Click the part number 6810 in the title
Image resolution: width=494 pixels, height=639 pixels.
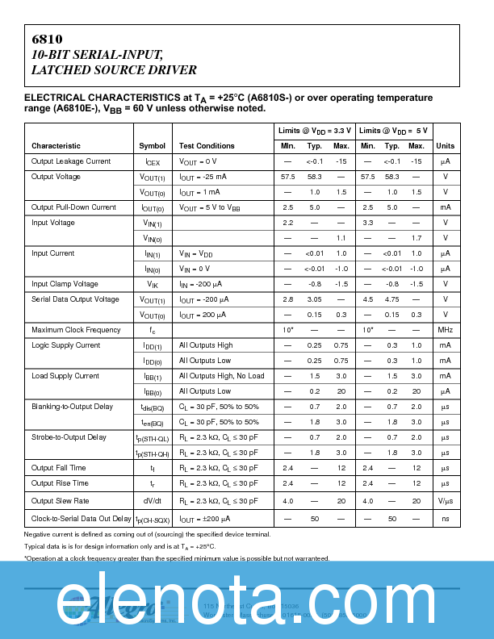coord(47,39)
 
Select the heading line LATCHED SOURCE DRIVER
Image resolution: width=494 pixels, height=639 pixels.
coord(113,71)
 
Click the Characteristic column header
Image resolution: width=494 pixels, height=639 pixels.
coord(56,146)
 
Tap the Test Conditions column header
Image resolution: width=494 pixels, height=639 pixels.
coord(207,146)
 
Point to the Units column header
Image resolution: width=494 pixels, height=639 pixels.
coord(445,146)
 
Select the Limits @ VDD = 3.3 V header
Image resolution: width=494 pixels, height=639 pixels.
coord(315,131)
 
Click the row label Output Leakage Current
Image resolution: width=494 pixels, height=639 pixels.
coord(71,161)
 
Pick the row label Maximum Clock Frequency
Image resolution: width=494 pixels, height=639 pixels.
coord(76,330)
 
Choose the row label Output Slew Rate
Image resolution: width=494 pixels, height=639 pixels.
coord(60,501)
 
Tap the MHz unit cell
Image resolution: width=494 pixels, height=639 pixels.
coord(445,330)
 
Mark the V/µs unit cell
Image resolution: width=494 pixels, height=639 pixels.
coord(445,501)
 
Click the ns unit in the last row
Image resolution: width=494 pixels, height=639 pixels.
coord(445,519)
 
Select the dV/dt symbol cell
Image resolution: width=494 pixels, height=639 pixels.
coord(151,501)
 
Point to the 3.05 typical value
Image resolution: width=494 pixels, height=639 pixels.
coord(315,299)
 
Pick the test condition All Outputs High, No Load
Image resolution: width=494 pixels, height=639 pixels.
coord(221,376)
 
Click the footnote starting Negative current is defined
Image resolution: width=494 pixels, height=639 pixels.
coord(147,534)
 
